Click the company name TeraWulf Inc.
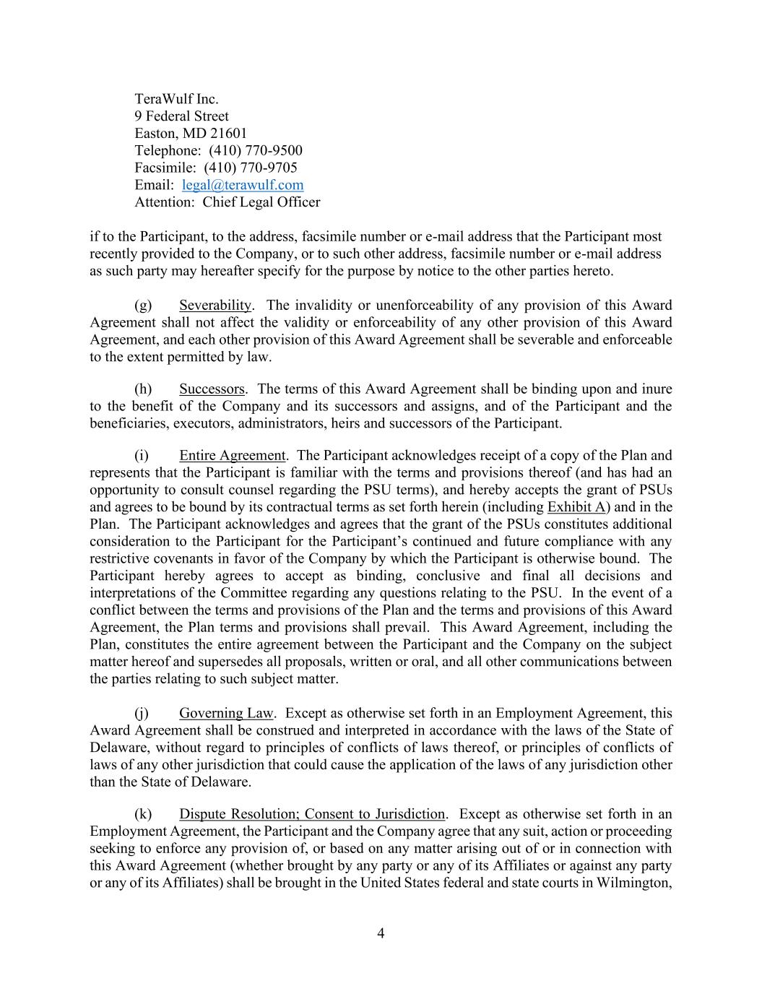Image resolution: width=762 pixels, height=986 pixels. (x=176, y=99)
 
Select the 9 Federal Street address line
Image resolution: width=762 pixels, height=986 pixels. (x=181, y=116)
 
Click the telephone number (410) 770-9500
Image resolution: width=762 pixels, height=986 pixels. (x=256, y=150)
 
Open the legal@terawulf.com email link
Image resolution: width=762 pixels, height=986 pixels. (x=243, y=185)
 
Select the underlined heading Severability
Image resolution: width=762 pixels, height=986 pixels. (x=215, y=306)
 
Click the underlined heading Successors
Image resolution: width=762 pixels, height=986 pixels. (x=212, y=389)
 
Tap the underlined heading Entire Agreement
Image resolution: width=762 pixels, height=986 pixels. (x=232, y=456)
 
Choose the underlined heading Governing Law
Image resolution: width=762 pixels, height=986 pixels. (x=226, y=714)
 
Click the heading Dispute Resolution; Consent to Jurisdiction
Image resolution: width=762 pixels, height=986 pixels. (x=312, y=814)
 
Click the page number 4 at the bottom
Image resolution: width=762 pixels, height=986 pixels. (x=381, y=933)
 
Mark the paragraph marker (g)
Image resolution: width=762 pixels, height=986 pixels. (x=143, y=306)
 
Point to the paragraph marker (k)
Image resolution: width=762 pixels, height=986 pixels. (x=143, y=814)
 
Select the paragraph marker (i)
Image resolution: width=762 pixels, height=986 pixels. (x=142, y=456)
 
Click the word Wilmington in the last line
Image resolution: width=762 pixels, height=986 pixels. (x=634, y=883)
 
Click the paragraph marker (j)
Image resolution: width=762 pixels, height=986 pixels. (x=142, y=714)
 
